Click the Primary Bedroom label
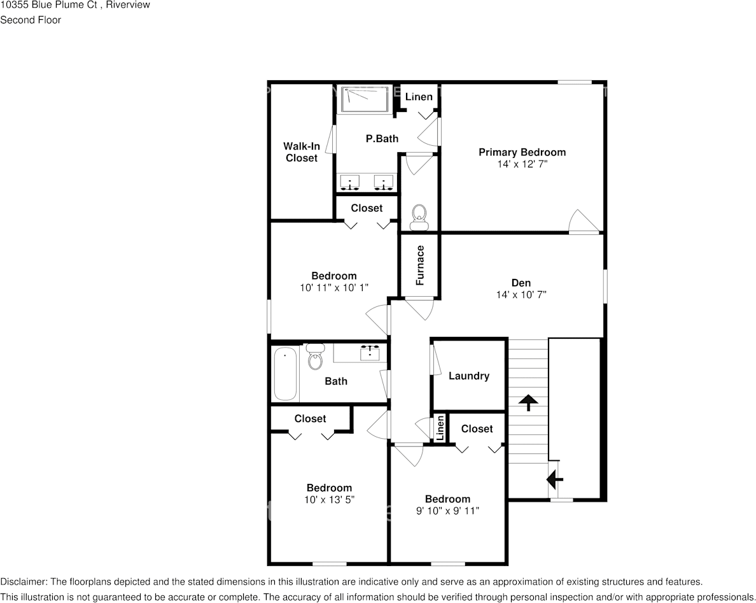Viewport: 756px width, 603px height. click(x=522, y=152)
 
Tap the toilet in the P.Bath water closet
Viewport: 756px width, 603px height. click(x=419, y=217)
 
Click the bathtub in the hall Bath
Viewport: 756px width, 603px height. click(x=285, y=374)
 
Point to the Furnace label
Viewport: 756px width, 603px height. click(x=420, y=265)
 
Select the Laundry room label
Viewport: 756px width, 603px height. click(x=469, y=376)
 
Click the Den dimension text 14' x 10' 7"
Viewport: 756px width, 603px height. click(x=521, y=295)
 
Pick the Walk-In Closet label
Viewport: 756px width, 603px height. click(x=302, y=152)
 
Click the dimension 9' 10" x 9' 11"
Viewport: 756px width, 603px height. click(x=448, y=511)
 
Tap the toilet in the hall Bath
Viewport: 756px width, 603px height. click(x=315, y=358)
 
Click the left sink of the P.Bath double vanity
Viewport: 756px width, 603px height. click(x=349, y=183)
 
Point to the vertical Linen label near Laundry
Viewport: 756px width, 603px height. click(x=440, y=428)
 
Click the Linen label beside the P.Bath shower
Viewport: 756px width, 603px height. click(x=419, y=97)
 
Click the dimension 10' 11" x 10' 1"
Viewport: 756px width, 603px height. click(x=334, y=288)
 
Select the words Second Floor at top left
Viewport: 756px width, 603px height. click(x=31, y=20)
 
